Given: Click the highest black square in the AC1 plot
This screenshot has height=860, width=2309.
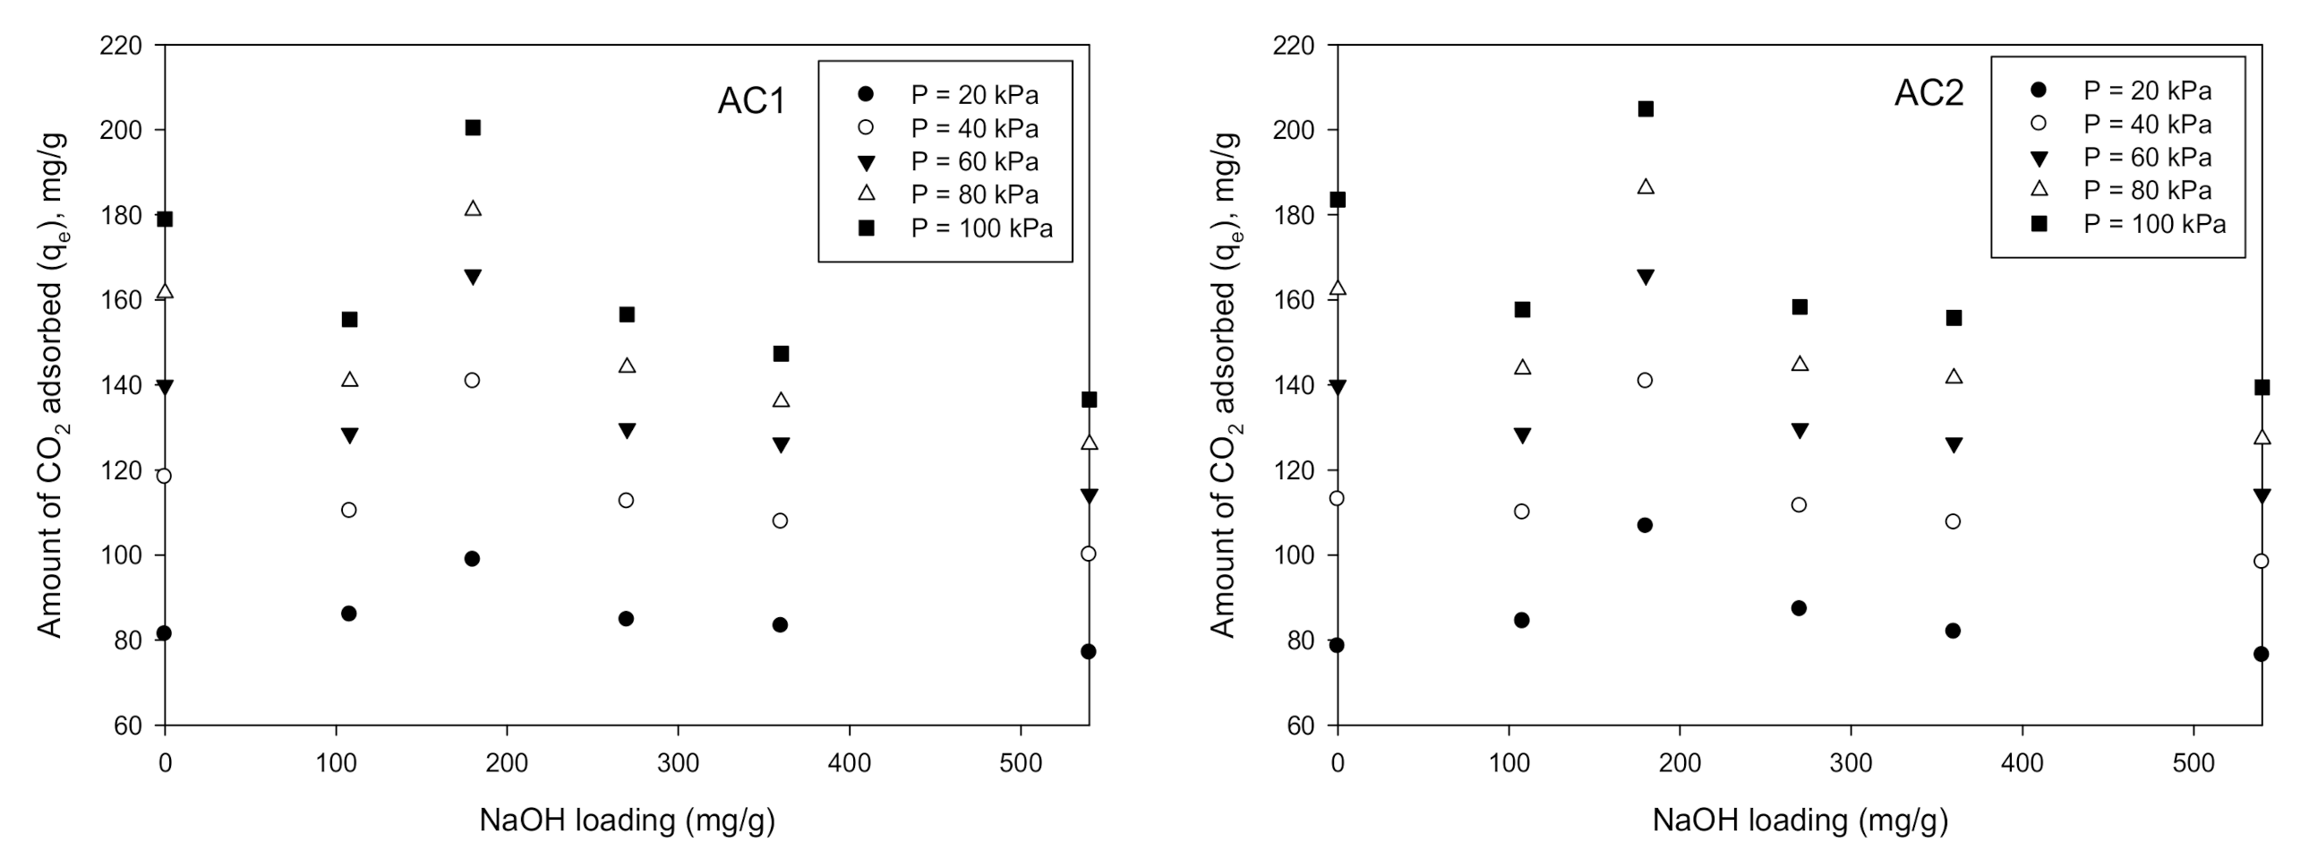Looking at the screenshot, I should (474, 128).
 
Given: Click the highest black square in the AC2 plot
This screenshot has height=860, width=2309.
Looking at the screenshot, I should (1646, 109).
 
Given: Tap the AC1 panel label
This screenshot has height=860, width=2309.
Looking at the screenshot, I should (751, 100).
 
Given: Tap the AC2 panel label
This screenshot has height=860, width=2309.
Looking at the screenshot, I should (1929, 93).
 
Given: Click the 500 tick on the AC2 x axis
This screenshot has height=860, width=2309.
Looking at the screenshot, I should (2194, 763).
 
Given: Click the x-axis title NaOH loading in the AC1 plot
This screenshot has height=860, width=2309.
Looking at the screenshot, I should (627, 820).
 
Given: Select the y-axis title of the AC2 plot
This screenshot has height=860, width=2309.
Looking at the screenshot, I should (1225, 385).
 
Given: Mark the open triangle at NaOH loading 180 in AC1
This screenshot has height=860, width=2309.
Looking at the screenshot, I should (474, 209).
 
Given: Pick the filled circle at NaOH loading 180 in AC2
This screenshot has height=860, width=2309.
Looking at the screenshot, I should (1645, 526).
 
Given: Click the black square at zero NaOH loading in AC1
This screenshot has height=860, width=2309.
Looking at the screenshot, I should (165, 219).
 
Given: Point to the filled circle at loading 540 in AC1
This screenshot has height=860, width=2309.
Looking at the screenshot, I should (1088, 652).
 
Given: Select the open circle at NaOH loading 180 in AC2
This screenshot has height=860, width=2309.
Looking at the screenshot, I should (1645, 380).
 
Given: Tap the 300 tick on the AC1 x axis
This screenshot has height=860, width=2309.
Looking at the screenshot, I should (678, 763).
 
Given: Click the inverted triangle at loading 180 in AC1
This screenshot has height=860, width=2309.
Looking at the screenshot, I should (474, 277).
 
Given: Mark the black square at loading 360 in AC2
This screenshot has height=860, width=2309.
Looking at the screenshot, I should (1954, 318).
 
